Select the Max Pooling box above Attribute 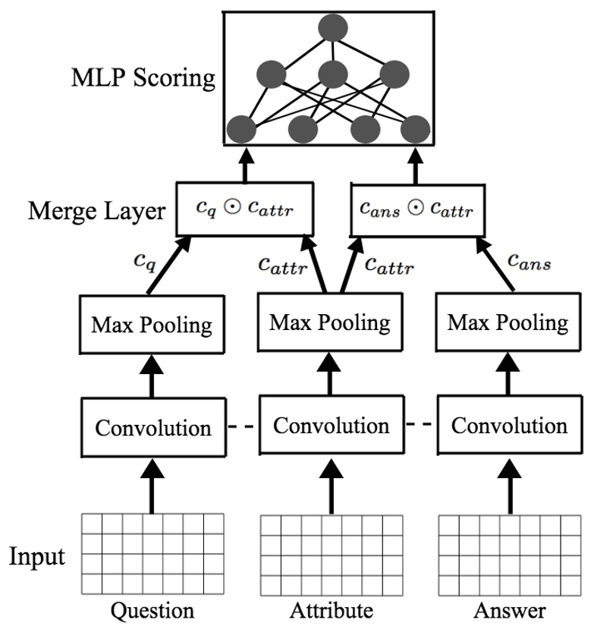[330, 322]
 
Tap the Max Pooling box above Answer [508, 323]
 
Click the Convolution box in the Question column [152, 427]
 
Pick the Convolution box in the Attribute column [331, 424]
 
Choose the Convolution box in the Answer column [509, 424]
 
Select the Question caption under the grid [152, 611]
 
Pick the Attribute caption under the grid [331, 611]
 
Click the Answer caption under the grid [508, 611]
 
